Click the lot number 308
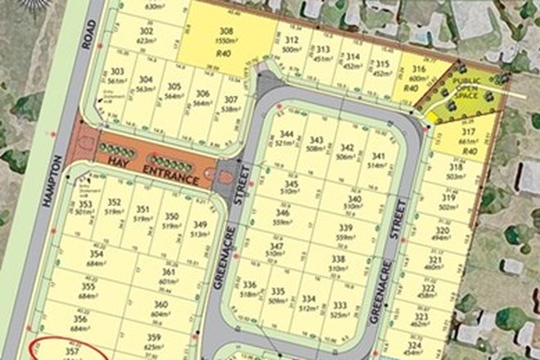(227, 30)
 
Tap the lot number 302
(147, 30)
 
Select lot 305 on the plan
(173, 86)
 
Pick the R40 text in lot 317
(469, 152)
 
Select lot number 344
(286, 133)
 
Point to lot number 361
(169, 272)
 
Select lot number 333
(340, 305)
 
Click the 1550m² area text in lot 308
(227, 39)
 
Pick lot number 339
(346, 228)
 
